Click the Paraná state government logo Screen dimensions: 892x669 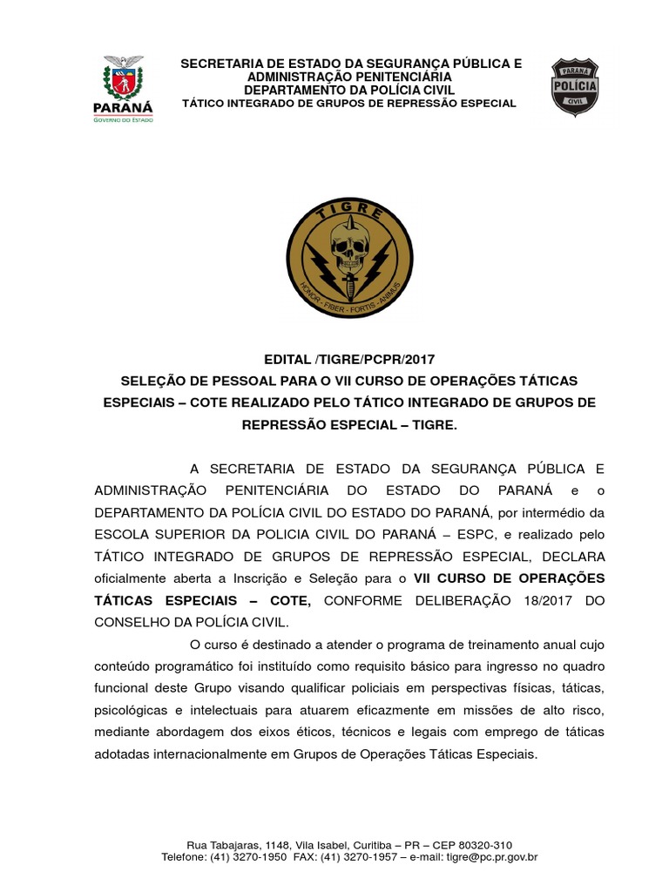pos(123,89)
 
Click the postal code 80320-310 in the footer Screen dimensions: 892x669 pos(483,845)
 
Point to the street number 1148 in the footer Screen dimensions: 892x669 pos(276,845)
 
